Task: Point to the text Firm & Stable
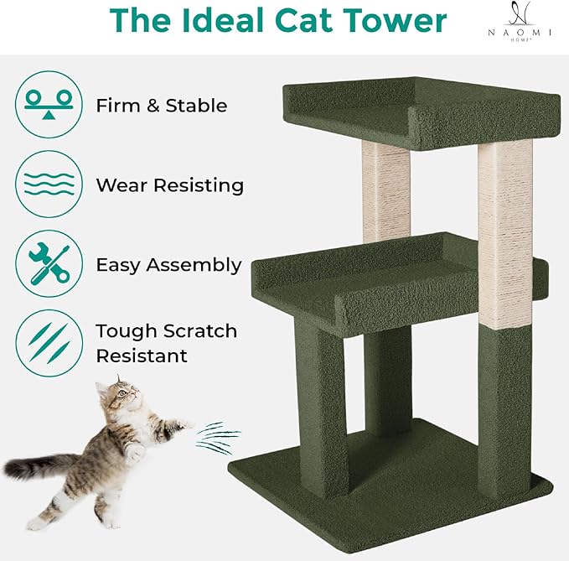162,106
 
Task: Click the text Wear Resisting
170,184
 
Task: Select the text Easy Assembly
168,265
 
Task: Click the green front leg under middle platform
322,411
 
